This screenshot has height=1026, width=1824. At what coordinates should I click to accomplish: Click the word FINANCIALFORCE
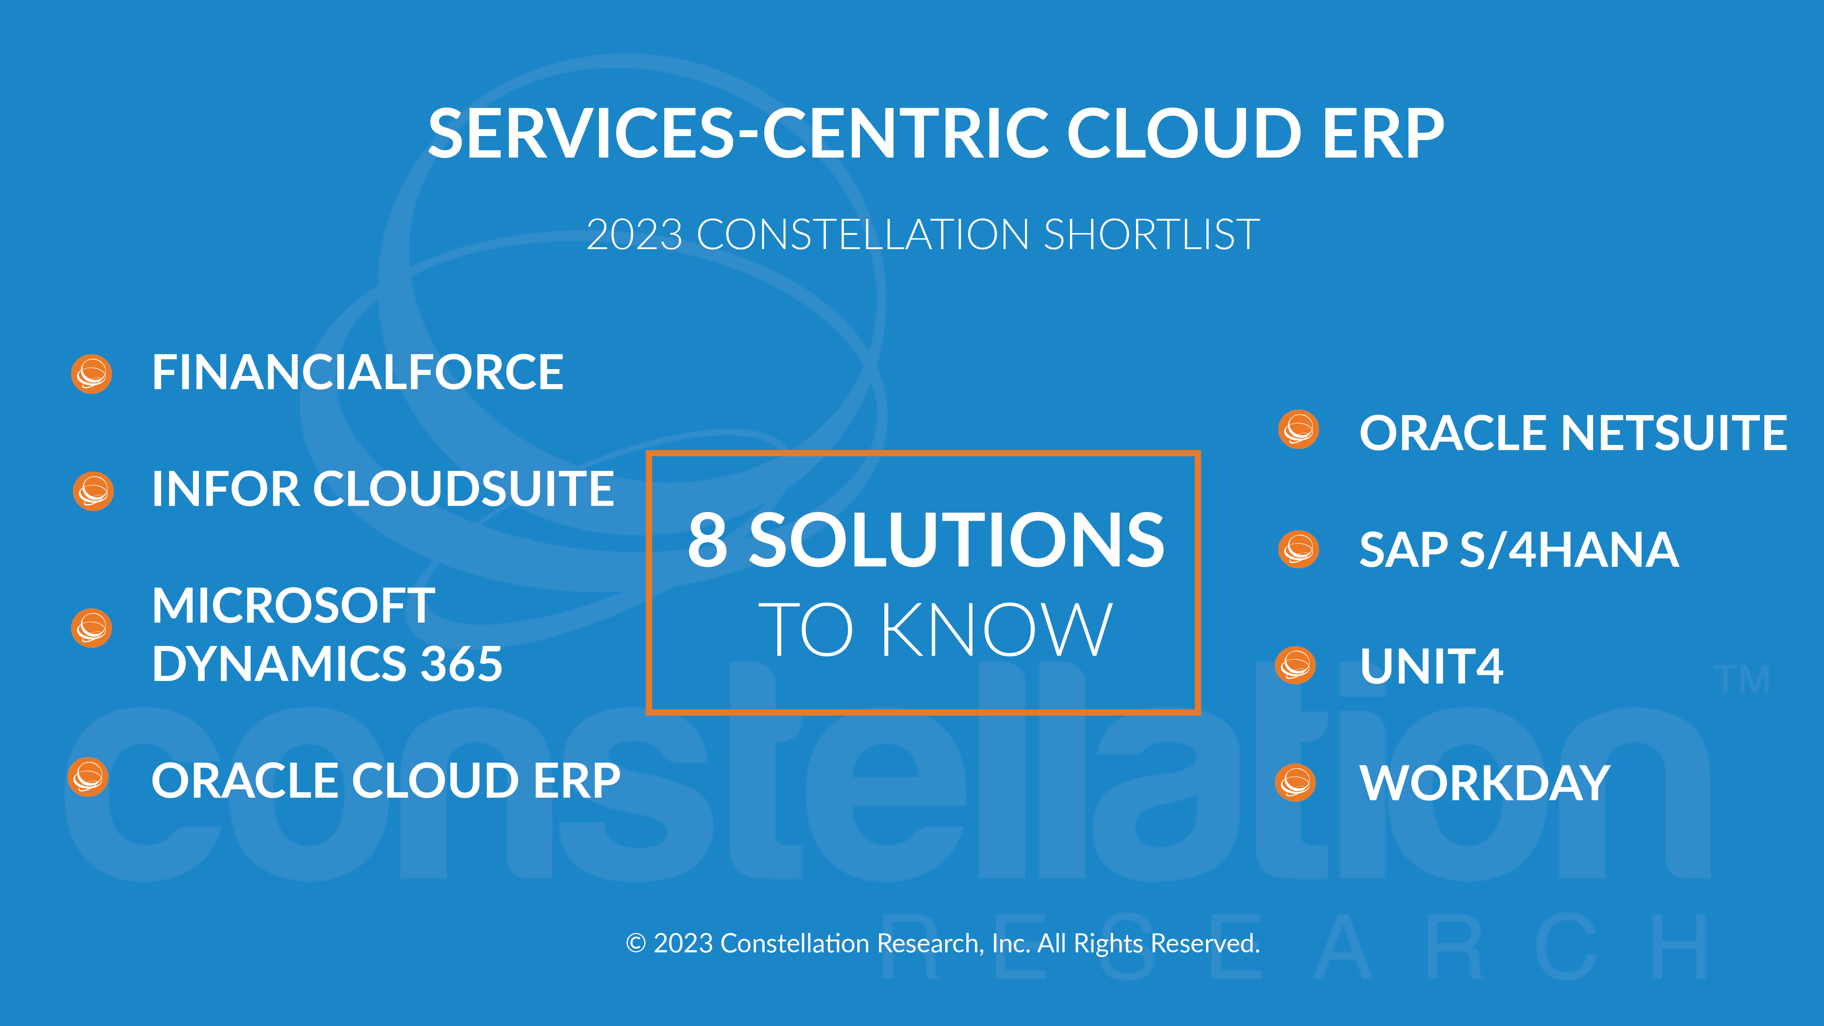pyautogui.click(x=358, y=372)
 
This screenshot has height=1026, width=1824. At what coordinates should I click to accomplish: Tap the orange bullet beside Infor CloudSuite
pyautogui.click(x=93, y=491)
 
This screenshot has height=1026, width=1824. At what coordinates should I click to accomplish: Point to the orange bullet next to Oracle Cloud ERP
pyautogui.click(x=88, y=778)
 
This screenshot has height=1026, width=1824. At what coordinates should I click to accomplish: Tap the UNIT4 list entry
pyautogui.click(x=1431, y=666)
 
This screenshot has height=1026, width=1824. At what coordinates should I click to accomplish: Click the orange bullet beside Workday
pyautogui.click(x=1295, y=782)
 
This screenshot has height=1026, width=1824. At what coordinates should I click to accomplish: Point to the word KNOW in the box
pyautogui.click(x=996, y=630)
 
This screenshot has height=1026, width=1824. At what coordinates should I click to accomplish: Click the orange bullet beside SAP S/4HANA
pyautogui.click(x=1299, y=549)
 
